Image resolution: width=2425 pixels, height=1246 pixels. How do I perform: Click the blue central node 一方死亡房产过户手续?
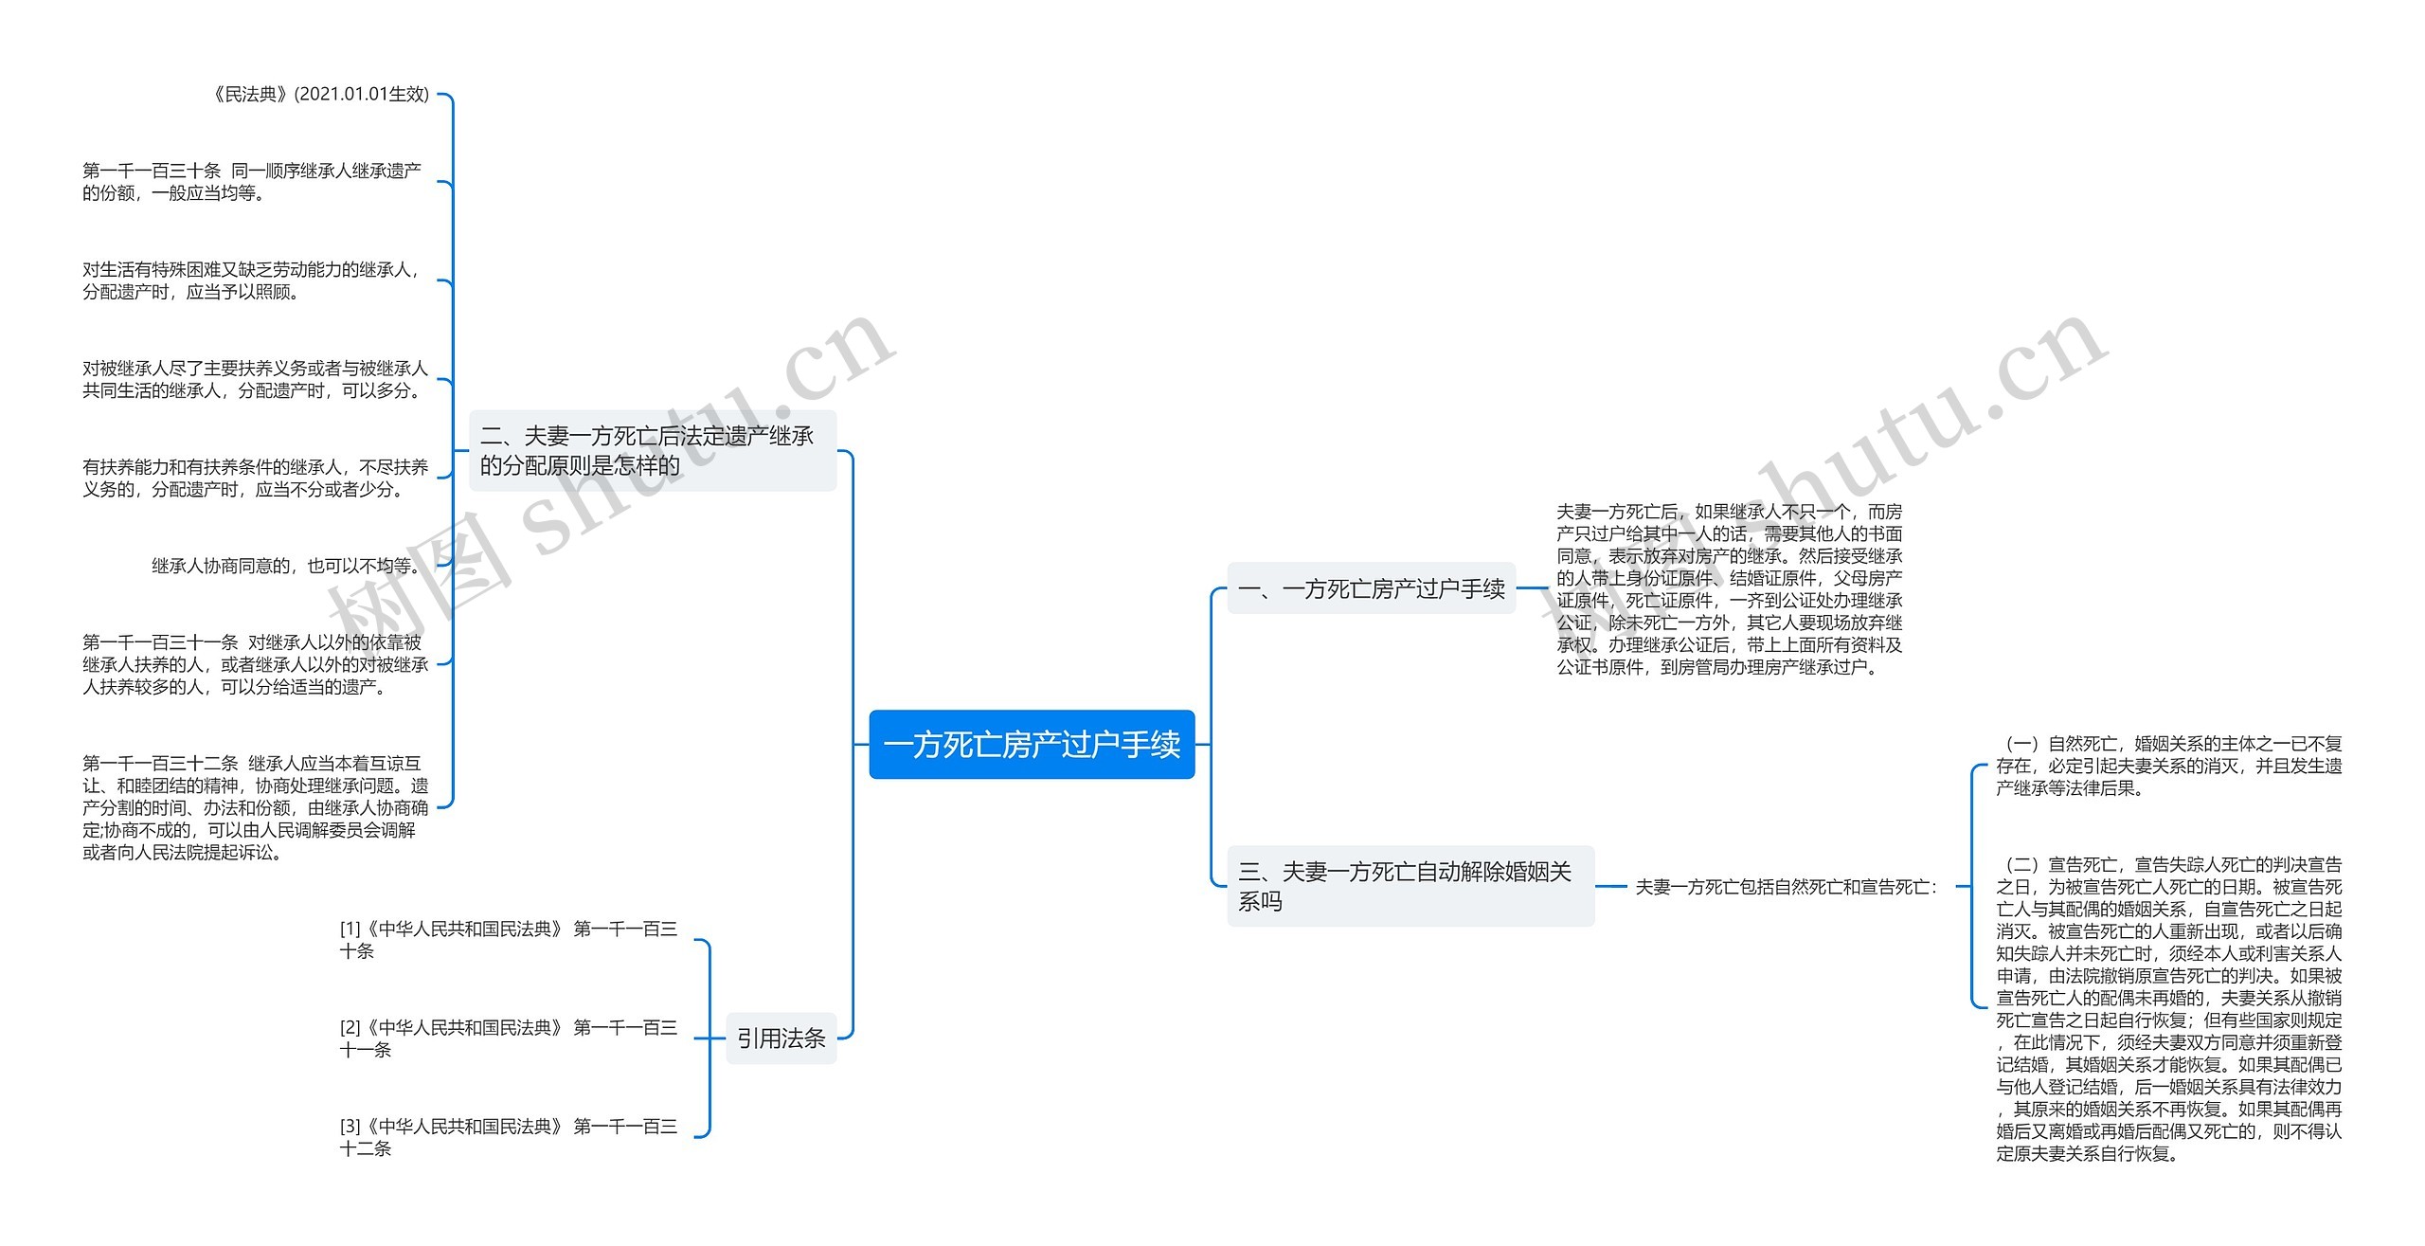1032,745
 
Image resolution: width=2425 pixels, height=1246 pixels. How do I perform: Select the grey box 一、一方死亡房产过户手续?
1371,588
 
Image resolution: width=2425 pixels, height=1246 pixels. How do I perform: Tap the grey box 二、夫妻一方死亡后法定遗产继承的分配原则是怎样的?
653,450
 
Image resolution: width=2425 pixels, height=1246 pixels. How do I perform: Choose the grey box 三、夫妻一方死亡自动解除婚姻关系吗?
1410,886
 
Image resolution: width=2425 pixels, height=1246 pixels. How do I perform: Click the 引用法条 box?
781,1038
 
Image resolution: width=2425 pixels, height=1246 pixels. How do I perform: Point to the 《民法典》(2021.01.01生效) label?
319,94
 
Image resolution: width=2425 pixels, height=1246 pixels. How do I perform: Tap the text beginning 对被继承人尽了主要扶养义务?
254,379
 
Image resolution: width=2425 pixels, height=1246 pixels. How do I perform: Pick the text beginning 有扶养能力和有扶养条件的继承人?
254,478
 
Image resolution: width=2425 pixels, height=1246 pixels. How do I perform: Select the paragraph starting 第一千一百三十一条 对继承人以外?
254,664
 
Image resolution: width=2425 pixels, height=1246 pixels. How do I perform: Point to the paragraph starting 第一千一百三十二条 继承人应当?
254,807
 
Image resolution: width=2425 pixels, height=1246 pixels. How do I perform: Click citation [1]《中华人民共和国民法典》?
508,940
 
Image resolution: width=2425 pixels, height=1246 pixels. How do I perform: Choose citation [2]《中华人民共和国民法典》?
508,1038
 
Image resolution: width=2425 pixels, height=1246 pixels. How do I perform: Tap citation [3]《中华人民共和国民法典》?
508,1137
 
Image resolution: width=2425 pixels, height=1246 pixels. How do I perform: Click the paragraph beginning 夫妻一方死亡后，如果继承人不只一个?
1729,588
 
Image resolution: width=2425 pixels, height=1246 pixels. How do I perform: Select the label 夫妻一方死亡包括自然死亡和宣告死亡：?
1786,887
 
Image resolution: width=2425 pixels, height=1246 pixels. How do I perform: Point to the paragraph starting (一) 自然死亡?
2168,766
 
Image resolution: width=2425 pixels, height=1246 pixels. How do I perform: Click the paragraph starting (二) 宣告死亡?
2168,1008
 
